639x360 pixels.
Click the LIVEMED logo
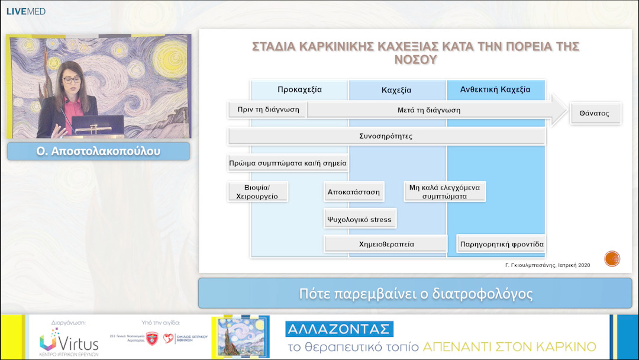[x=25, y=11]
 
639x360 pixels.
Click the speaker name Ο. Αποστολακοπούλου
[x=98, y=151]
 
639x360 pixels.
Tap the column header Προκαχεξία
[x=299, y=90]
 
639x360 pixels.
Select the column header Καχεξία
[x=396, y=91]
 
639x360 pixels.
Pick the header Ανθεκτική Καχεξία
[x=495, y=90]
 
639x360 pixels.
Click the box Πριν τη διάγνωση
[x=267, y=110]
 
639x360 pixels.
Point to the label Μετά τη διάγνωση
[x=428, y=110]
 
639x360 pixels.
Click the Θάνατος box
[x=595, y=113]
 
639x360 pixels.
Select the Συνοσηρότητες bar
[x=386, y=136]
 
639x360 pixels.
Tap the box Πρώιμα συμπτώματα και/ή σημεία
[x=288, y=163]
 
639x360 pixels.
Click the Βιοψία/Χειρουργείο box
[x=257, y=191]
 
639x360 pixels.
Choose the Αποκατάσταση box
[x=354, y=192]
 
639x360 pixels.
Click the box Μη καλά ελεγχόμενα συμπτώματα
[x=444, y=191]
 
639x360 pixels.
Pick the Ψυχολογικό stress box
[x=359, y=219]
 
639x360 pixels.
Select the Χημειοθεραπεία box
[x=386, y=244]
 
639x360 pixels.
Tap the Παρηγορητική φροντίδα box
[x=501, y=244]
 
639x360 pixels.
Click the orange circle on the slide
[x=612, y=259]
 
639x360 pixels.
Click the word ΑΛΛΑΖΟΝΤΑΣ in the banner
[x=339, y=329]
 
